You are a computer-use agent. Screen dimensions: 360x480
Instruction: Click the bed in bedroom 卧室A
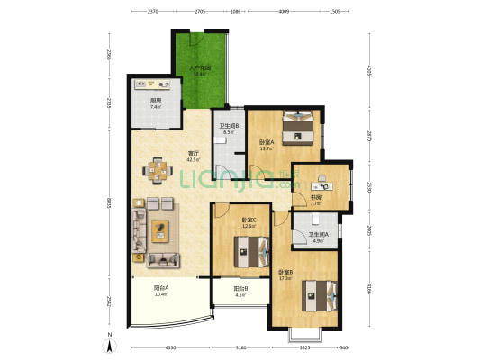[297, 127]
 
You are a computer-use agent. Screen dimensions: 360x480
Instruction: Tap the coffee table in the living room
[161, 229]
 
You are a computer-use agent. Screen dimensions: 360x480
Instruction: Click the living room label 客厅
[192, 154]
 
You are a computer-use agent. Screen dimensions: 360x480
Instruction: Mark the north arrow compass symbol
[111, 343]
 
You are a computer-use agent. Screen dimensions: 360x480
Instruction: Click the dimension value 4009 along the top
[284, 13]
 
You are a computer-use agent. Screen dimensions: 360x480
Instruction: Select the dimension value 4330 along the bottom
[169, 347]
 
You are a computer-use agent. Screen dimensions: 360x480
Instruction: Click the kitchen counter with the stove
[157, 85]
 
